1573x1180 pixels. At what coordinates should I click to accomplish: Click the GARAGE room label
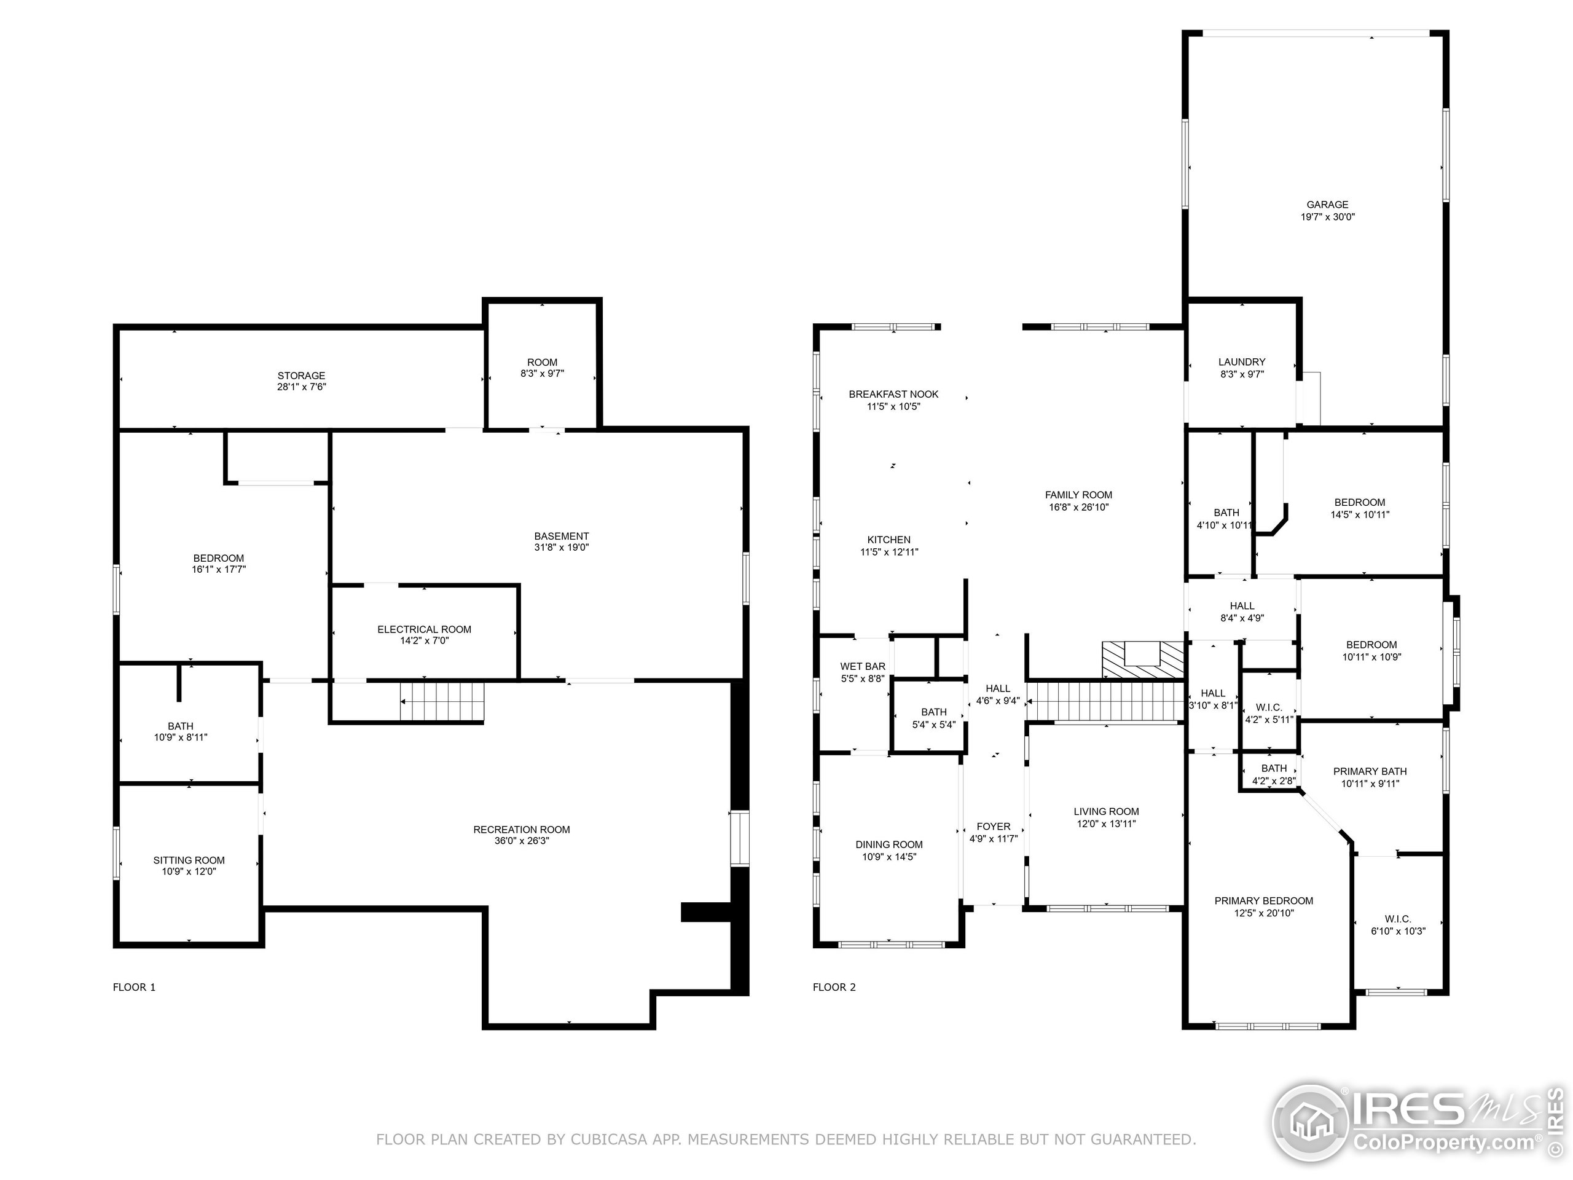[1327, 205]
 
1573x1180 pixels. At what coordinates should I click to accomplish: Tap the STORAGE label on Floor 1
[301, 376]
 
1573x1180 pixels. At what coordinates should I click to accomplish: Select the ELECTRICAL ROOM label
[424, 629]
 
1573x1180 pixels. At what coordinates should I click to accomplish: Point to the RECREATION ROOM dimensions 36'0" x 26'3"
[521, 841]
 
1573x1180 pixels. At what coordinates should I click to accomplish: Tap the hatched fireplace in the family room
[1142, 659]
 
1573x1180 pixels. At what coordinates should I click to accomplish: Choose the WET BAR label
[863, 666]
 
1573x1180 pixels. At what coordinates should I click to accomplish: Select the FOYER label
[993, 827]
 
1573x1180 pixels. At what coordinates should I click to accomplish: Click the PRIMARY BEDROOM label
[1264, 900]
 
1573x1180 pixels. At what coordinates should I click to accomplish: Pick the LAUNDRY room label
[1242, 362]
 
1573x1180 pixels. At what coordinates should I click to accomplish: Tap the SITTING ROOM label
[189, 860]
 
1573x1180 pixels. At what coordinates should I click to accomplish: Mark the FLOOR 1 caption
[134, 987]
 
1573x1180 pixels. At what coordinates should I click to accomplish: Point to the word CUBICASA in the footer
[608, 1139]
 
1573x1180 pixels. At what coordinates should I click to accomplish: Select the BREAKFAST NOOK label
[893, 394]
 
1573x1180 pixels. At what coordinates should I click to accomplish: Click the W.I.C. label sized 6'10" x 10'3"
[1397, 919]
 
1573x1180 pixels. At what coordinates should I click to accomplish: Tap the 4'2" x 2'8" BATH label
[1274, 768]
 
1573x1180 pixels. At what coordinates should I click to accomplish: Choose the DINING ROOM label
[889, 845]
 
